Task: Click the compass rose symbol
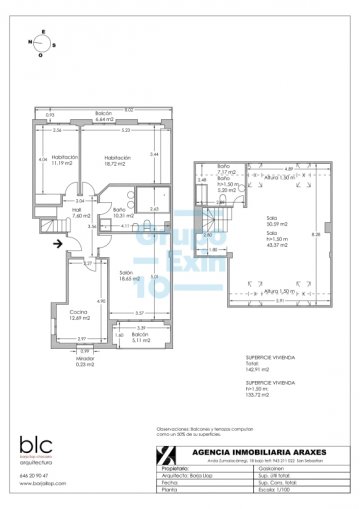click(x=40, y=44)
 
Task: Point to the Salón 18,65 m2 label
click(x=127, y=277)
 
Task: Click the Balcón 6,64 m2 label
click(x=102, y=117)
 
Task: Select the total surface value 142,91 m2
click(x=259, y=370)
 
